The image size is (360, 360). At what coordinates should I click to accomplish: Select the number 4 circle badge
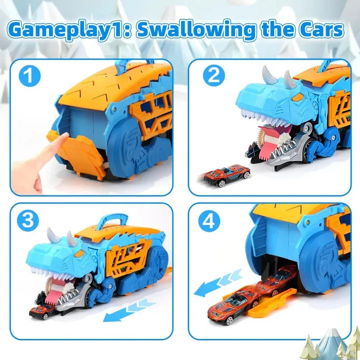[213, 221]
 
